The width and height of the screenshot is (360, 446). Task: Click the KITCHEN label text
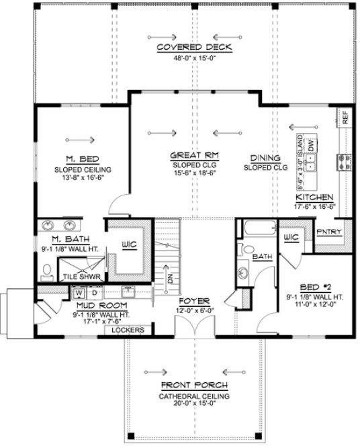pyautogui.click(x=315, y=197)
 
